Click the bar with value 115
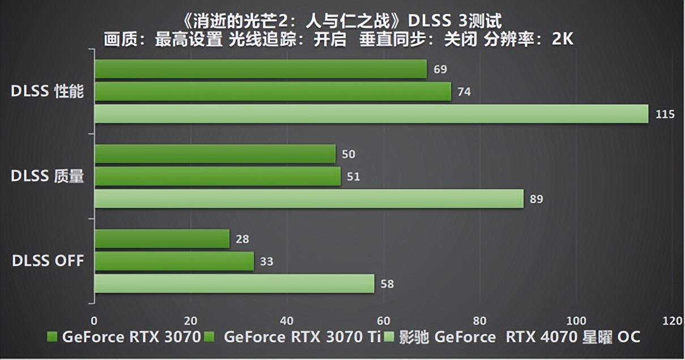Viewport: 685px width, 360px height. tap(371, 114)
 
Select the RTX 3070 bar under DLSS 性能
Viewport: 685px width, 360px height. tap(260, 69)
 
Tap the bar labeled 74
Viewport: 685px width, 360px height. tap(272, 92)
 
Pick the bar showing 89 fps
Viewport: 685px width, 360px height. tap(309, 199)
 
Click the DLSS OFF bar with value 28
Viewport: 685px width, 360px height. tap(162, 239)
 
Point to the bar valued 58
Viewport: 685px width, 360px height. tap(234, 284)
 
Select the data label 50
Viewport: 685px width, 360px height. tap(349, 155)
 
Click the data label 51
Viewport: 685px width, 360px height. tap(353, 177)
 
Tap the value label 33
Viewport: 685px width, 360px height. tap(266, 262)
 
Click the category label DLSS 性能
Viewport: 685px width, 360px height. tap(48, 92)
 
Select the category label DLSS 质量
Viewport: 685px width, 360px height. tap(48, 177)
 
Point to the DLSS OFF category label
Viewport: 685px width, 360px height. tap(48, 261)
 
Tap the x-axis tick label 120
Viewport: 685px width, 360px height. tap(673, 321)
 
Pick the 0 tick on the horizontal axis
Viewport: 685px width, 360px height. tap(94, 321)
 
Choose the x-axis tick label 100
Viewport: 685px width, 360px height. tap(576, 321)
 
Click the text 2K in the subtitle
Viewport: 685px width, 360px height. tap(563, 39)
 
